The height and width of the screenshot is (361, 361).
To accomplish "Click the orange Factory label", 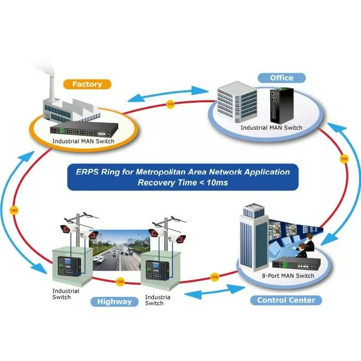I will coord(87,84).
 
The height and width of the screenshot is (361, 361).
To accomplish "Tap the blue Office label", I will coord(281,78).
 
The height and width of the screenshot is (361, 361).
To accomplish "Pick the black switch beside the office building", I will coord(279,106).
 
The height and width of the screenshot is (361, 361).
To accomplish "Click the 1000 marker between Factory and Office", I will coord(171,106).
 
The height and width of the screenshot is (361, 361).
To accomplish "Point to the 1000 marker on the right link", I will coord(344,159).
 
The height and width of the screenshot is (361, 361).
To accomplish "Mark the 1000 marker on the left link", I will coord(14,211).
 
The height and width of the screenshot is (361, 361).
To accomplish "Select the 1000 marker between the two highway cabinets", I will coord(120,282).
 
